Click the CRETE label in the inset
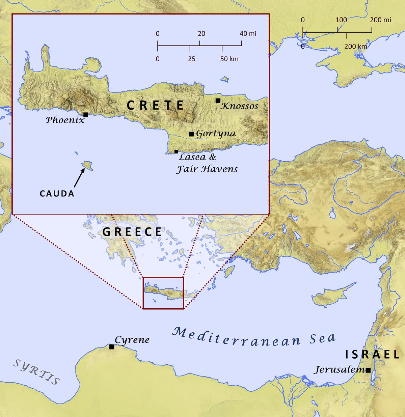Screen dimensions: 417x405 click(156, 106)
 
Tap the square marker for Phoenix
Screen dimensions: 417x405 click(86, 115)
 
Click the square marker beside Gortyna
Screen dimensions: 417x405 click(191, 134)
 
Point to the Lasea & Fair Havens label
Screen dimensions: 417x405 click(207, 163)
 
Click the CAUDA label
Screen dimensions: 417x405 click(57, 194)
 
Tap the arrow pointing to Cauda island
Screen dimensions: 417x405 click(79, 178)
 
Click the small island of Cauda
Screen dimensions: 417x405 click(87, 166)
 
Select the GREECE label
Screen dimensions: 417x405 click(132, 232)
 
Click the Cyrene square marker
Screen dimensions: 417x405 click(112, 347)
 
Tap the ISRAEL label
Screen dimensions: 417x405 click(372, 355)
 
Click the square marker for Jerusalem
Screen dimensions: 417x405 click(368, 370)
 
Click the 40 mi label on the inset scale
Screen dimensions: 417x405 click(248, 34)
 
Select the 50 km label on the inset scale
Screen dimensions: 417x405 click(230, 59)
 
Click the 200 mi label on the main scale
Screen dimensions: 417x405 click(381, 20)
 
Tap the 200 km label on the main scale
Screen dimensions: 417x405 click(355, 46)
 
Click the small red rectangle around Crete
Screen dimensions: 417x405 click(163, 278)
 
